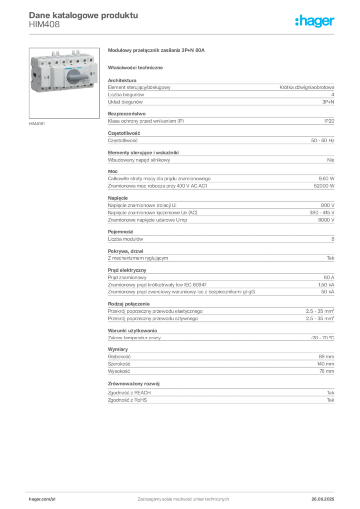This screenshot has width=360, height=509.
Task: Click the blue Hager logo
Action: [315, 22]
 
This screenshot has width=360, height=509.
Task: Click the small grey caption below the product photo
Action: [38, 123]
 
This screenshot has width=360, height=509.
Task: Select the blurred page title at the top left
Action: [83, 15]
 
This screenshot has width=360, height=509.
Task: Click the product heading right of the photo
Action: [157, 51]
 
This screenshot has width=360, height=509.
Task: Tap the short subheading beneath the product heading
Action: [137, 67]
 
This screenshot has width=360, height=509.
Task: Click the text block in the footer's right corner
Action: [326, 497]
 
